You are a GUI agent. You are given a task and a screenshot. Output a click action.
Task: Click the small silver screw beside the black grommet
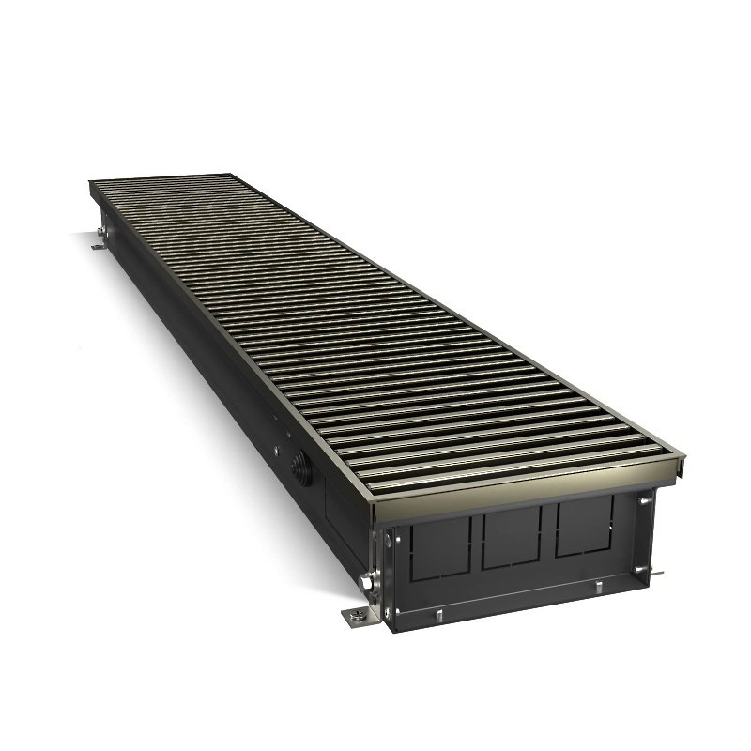point(278,450)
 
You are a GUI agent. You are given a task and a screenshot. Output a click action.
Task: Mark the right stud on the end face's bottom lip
point(596,589)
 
